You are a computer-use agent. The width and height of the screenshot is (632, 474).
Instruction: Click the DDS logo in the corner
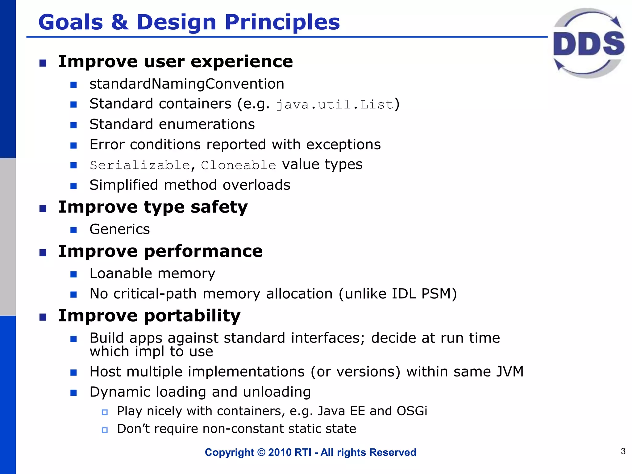click(x=589, y=43)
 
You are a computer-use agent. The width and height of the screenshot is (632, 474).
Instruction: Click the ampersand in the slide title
click(x=120, y=22)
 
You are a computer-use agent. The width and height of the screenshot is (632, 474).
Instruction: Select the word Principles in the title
click(x=282, y=22)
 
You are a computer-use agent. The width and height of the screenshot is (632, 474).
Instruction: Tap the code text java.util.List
click(x=335, y=105)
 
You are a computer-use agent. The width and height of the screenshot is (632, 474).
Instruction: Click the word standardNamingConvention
click(x=187, y=84)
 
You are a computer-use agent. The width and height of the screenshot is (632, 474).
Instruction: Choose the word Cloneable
click(x=238, y=165)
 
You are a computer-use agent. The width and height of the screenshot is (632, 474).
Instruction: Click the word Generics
click(x=120, y=229)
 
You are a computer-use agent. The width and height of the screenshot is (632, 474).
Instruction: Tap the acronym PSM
click(x=435, y=294)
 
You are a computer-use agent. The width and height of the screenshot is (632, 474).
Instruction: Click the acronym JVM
click(x=510, y=372)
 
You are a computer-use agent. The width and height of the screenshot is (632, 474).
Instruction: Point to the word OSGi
click(x=412, y=411)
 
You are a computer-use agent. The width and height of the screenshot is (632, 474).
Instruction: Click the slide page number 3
click(x=623, y=451)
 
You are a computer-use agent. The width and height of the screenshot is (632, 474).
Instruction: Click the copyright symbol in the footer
click(x=261, y=452)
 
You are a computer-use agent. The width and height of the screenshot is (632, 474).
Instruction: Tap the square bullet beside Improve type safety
click(x=43, y=209)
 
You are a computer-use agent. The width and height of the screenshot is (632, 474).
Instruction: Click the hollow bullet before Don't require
click(x=105, y=430)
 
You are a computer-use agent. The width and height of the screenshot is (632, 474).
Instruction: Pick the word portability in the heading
click(x=192, y=316)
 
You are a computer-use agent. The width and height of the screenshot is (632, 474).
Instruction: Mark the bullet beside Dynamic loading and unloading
click(x=73, y=393)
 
